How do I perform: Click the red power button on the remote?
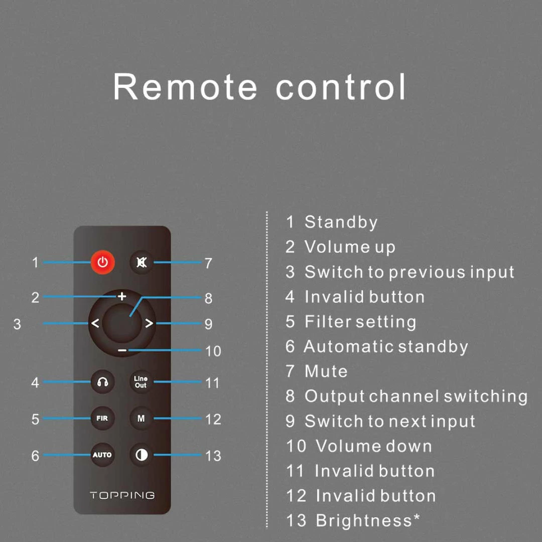point(103,262)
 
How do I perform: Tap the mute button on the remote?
point(142,262)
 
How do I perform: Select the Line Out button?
point(141,382)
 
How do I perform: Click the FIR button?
point(102,418)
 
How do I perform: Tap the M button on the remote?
point(141,418)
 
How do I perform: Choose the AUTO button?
point(102,455)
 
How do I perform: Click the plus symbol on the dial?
point(122,297)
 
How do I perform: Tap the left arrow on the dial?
point(95,323)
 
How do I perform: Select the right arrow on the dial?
point(149,323)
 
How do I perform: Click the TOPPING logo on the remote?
point(122,495)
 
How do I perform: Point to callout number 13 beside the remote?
point(213,456)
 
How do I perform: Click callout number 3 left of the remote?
point(17,324)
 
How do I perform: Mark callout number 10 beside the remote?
point(213,351)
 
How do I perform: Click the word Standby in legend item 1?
point(341,222)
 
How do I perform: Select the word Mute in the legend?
point(326,371)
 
